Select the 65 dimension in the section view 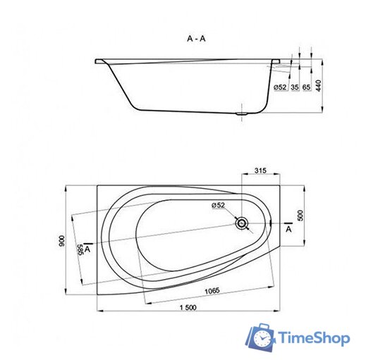tap(307, 87)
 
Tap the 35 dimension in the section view tap(294, 87)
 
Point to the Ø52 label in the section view tap(279, 87)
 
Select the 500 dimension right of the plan tap(300, 215)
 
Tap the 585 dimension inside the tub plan tap(82, 251)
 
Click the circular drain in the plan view tap(243, 223)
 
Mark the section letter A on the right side tap(288, 229)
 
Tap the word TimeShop tap(314, 338)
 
